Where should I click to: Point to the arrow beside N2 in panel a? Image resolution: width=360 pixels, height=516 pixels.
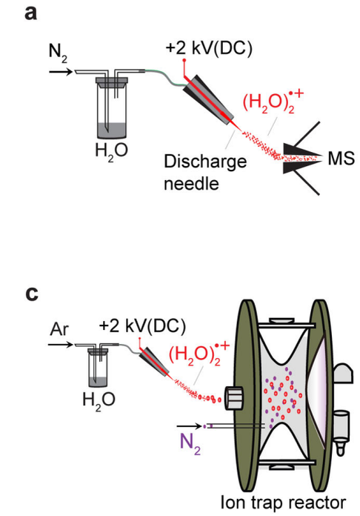[x=59, y=73]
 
